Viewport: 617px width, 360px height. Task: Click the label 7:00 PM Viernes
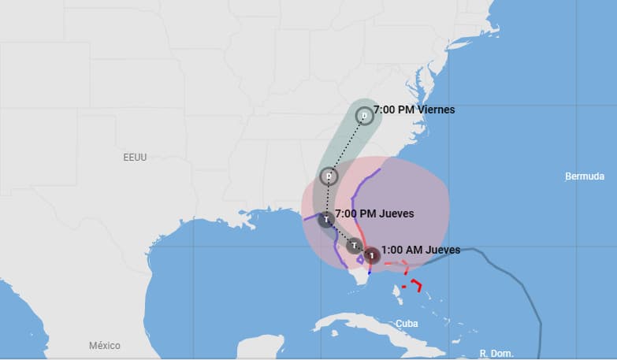click(x=414, y=109)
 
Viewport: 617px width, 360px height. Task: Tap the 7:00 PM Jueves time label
click(x=374, y=213)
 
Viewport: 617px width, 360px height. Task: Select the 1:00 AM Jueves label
click(x=420, y=250)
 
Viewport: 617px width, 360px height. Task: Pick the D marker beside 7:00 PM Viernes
click(x=363, y=116)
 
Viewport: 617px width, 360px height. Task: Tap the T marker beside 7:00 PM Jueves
click(x=326, y=219)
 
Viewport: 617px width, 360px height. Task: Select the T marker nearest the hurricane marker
click(x=354, y=246)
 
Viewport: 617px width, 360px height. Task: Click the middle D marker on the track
click(x=329, y=176)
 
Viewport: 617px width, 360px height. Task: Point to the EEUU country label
click(x=135, y=158)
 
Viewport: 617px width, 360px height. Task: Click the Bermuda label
click(x=585, y=176)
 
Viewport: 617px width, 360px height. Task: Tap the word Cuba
click(x=407, y=324)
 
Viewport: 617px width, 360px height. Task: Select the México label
click(x=104, y=346)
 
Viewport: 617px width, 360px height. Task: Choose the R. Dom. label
click(x=496, y=354)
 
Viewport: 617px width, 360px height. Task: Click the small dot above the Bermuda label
click(x=568, y=169)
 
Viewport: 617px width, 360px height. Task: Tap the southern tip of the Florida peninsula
click(x=360, y=288)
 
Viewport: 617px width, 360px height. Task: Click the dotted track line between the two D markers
click(x=347, y=146)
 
